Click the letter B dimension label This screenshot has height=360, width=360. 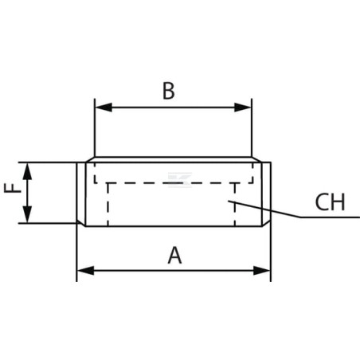[169, 91]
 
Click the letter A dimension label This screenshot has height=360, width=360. [174, 256]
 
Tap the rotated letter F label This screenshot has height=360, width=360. [13, 188]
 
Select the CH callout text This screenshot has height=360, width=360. [330, 202]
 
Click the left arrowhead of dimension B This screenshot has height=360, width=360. [104, 108]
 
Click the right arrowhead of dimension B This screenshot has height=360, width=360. [243, 108]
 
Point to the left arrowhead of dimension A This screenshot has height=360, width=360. [85, 271]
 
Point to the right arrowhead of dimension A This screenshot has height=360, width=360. [262, 271]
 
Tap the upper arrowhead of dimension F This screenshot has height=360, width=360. [27, 171]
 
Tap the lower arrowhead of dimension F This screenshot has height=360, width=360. [27, 214]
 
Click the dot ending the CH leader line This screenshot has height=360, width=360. [229, 201]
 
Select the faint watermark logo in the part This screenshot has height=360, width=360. [180, 180]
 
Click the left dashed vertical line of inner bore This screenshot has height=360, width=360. [108, 205]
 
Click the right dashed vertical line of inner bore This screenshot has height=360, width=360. [235, 205]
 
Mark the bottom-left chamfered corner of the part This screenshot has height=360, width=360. [81, 223]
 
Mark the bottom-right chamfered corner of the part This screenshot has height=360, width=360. [266, 223]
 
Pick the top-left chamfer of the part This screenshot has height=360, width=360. [90, 159]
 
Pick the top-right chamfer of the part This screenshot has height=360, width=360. [256, 159]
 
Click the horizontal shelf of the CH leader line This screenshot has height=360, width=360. [330, 217]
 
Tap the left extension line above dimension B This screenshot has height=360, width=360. [95, 127]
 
